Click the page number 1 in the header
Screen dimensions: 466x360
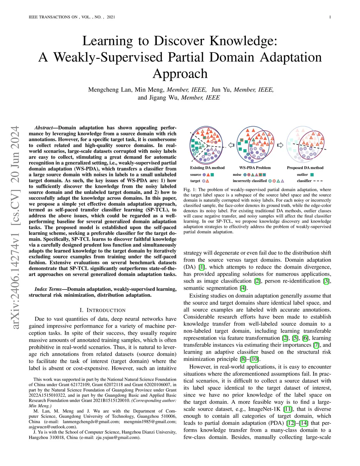click(330, 17)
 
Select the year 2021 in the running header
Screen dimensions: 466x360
click(111, 17)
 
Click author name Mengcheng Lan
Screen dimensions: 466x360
click(110, 90)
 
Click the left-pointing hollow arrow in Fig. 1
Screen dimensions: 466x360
click(231, 145)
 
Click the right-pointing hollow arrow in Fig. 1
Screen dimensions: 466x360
click(280, 145)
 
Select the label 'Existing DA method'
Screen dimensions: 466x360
click(207, 168)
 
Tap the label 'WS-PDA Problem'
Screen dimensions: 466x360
click(255, 168)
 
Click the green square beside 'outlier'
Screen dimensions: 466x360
click(312, 174)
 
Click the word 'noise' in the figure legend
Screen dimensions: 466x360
click(237, 174)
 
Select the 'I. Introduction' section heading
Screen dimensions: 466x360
click(102, 310)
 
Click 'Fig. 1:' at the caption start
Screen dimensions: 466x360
click(190, 190)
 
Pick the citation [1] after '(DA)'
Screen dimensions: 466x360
click(202, 267)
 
